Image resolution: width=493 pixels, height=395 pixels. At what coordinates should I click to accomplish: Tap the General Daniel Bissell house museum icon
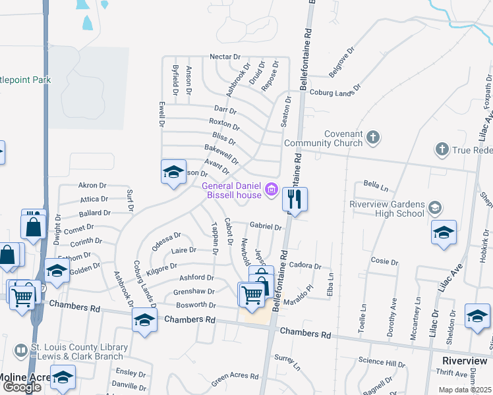(270, 191)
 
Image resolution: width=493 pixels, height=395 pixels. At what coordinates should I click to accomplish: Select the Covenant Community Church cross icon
(373, 138)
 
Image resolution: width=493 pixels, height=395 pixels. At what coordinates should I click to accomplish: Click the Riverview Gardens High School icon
(434, 209)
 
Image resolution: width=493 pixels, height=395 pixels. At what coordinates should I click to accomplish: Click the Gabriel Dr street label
(266, 226)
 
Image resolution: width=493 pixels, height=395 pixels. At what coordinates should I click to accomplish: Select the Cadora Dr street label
(304, 267)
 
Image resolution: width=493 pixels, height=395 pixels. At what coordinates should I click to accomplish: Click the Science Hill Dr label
(382, 361)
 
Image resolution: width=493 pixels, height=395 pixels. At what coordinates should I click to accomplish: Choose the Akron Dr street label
(92, 186)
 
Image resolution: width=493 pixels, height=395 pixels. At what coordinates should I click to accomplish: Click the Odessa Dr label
(166, 236)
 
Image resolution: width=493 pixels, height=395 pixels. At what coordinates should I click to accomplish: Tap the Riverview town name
(464, 361)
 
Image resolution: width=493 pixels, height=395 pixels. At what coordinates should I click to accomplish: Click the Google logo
(22, 387)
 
